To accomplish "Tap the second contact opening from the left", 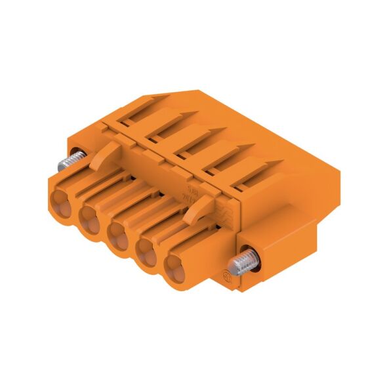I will (x=90, y=217).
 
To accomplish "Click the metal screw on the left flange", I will (x=73, y=160).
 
